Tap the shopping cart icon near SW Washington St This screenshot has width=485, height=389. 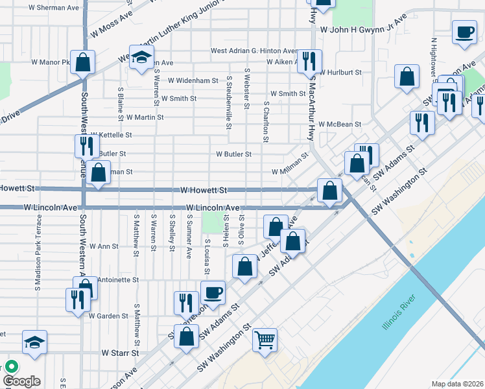point(265,339)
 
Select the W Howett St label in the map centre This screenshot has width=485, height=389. point(204,191)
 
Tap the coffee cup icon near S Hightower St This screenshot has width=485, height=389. point(464,32)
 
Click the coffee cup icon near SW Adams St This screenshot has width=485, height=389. point(212,292)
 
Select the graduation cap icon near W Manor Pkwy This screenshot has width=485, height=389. point(140,58)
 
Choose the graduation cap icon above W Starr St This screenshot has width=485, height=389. point(34,342)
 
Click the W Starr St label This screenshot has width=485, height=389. point(121,353)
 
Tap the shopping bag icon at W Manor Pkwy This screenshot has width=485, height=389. point(83,62)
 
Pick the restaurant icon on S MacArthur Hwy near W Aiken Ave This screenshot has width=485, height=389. point(309,61)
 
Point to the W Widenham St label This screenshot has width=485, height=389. point(193,81)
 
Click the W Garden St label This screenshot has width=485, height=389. point(108,316)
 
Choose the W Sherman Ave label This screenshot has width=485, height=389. point(54,8)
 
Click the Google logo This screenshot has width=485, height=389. point(21,381)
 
